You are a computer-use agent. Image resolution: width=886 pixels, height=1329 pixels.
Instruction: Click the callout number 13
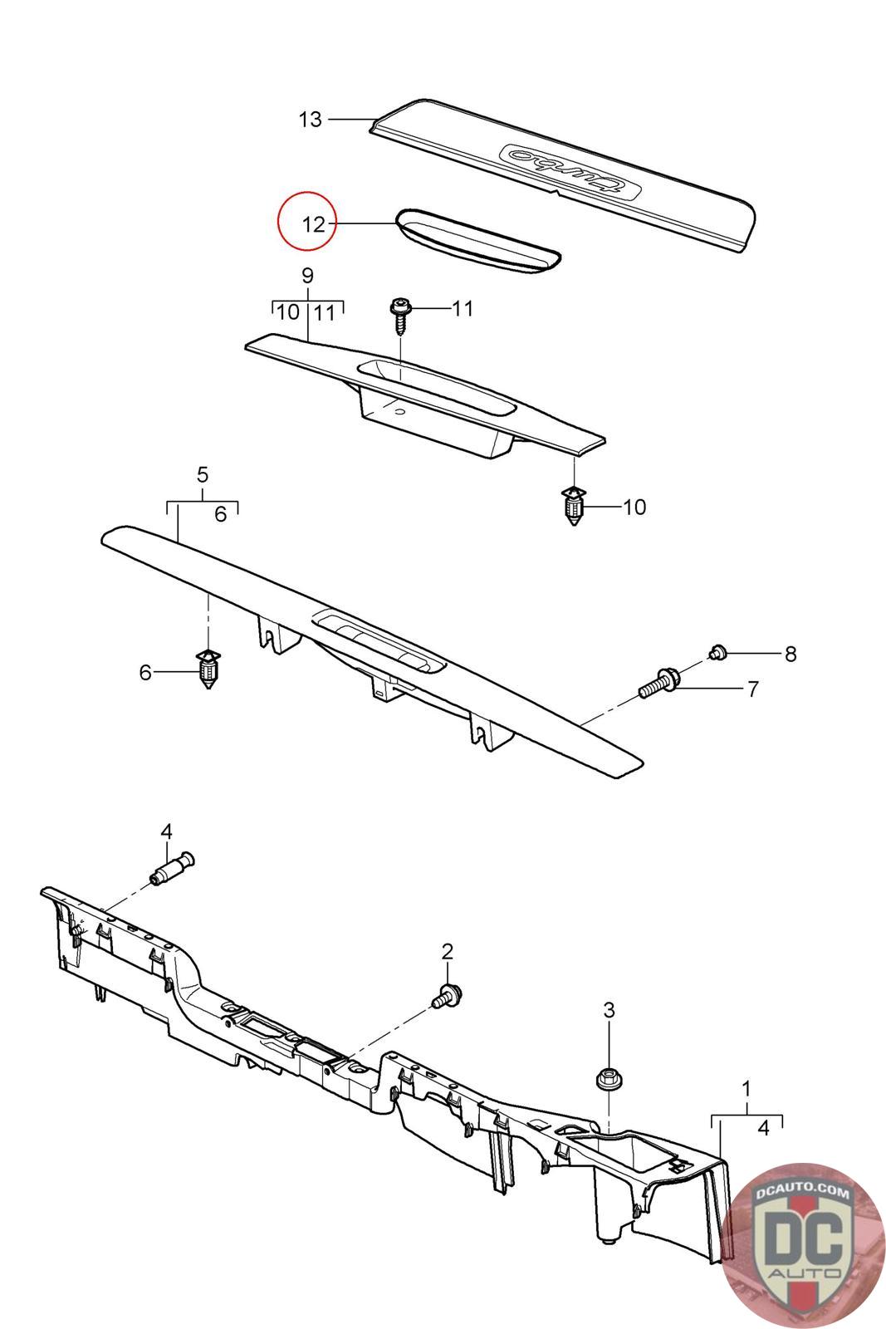click(311, 120)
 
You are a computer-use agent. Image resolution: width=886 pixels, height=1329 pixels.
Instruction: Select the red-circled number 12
click(314, 224)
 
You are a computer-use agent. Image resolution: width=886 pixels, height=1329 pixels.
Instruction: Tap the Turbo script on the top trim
click(571, 169)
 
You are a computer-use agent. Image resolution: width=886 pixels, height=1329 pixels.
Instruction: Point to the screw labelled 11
click(399, 316)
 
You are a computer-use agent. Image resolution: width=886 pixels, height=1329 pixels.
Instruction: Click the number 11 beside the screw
click(463, 308)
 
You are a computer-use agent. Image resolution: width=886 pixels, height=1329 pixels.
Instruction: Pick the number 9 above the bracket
click(307, 276)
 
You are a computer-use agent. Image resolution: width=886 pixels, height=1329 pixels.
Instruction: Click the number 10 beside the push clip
click(634, 507)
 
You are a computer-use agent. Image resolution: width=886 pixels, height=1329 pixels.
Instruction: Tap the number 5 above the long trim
click(203, 474)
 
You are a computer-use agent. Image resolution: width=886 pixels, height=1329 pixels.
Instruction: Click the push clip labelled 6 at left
click(208, 669)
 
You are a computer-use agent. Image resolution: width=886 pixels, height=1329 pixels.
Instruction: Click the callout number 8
click(791, 654)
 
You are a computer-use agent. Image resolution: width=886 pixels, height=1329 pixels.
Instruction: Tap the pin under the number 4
click(173, 869)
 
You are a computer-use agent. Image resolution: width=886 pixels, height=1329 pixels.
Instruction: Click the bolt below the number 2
click(447, 996)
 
